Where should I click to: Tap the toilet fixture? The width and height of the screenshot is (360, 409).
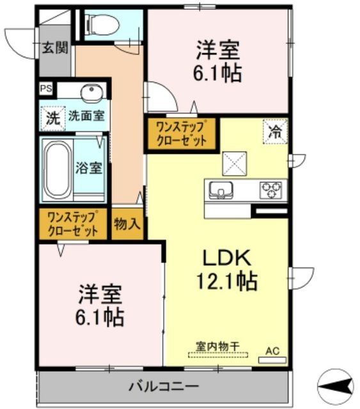coord(103,24)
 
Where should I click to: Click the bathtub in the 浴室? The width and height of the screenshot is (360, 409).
coord(57,168)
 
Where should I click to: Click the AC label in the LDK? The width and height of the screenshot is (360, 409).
coord(272,350)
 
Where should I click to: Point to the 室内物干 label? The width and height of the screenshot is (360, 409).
coord(217,346)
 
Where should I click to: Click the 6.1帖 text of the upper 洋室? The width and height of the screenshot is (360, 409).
coord(217,74)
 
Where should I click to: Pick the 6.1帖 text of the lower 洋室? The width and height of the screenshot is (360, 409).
coord(101,315)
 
